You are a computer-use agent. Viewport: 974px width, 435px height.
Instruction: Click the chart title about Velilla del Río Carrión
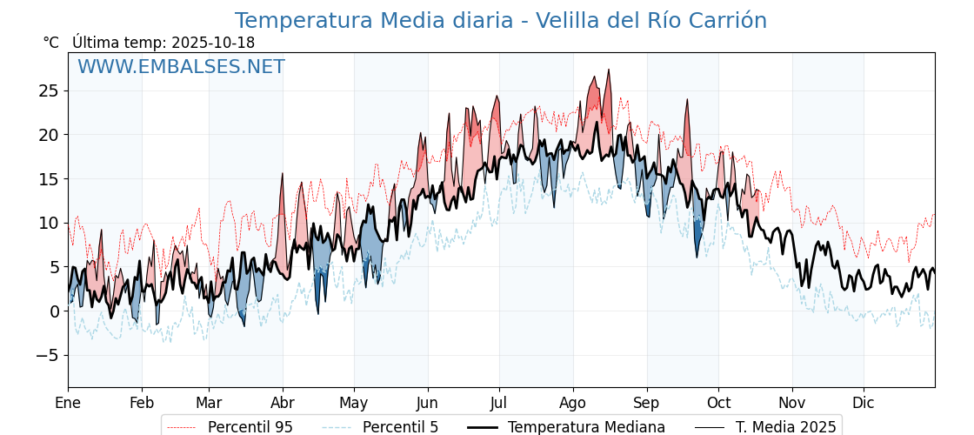[500, 21]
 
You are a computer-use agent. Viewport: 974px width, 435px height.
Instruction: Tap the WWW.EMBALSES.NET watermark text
[181, 67]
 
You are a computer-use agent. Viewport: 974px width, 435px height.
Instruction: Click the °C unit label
[51, 43]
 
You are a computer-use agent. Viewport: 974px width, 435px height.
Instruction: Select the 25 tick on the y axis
[49, 90]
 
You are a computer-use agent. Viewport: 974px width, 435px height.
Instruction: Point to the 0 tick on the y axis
[54, 311]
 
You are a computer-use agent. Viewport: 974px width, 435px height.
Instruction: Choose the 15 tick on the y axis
[49, 178]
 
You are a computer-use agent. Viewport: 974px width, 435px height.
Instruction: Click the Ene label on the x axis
[68, 403]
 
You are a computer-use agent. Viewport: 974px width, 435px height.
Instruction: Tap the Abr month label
[283, 403]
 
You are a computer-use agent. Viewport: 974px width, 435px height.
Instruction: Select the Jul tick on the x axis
[499, 403]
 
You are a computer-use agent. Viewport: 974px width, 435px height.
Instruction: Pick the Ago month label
[573, 403]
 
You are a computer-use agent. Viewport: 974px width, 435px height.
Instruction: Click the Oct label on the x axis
[718, 403]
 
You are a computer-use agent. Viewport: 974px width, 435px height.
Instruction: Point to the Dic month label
[864, 403]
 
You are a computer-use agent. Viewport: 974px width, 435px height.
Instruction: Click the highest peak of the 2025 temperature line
[609, 70]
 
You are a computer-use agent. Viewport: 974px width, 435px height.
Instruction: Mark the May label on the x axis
[354, 403]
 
